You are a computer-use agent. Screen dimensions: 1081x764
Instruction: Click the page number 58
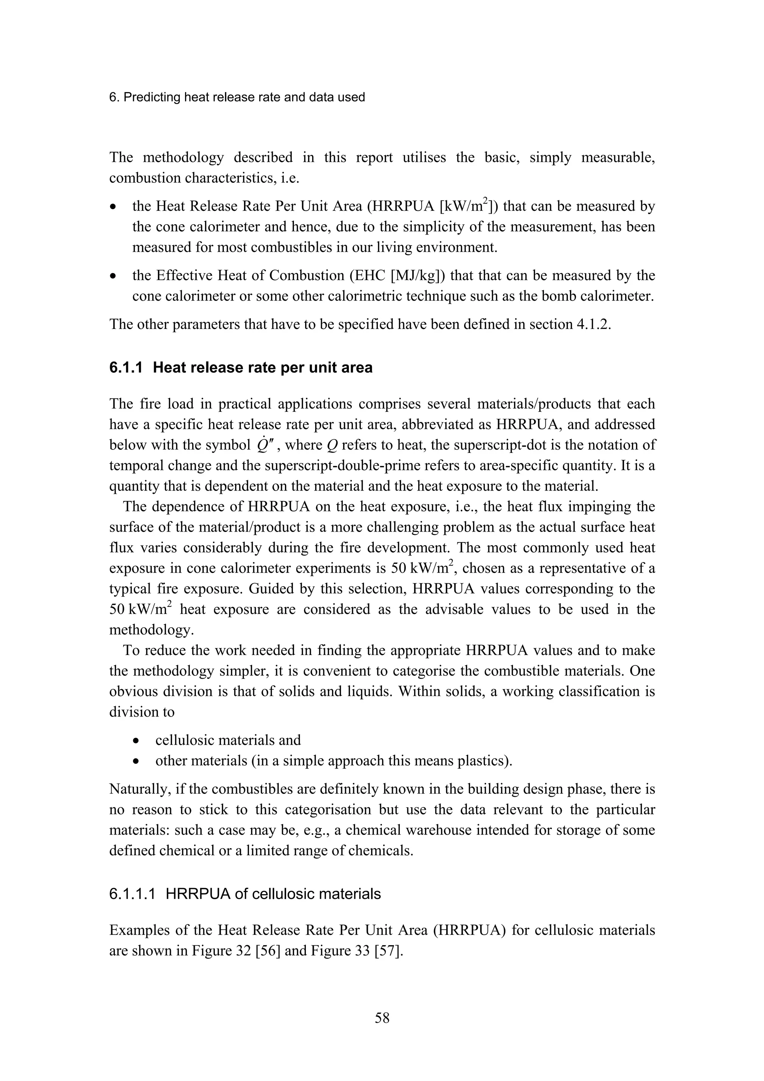tap(382, 1018)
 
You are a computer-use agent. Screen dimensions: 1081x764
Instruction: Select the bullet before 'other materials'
tap(136, 762)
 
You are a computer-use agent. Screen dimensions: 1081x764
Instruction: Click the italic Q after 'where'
tap(331, 445)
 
